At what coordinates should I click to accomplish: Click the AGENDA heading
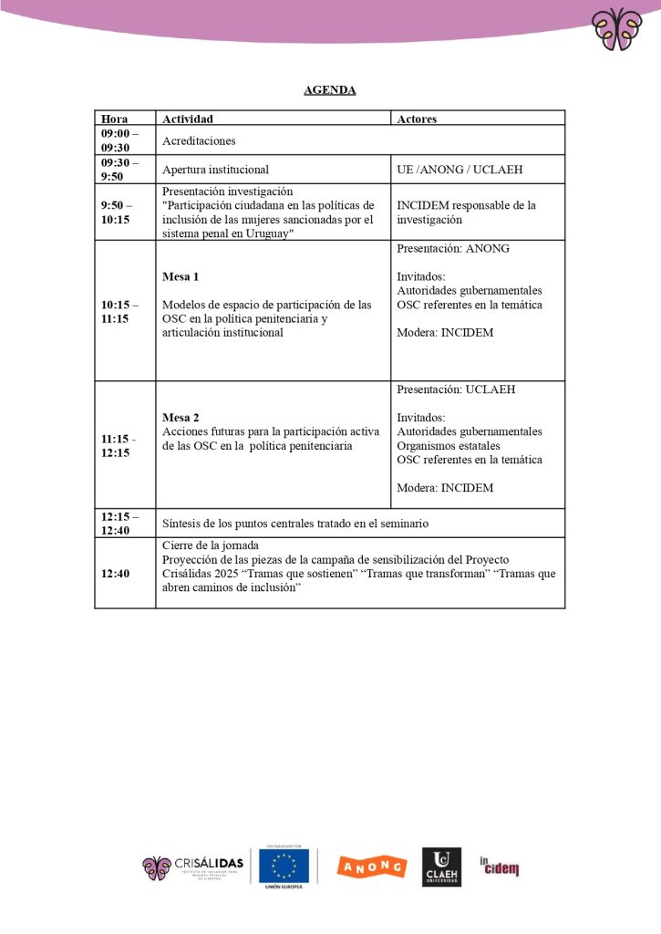coord(330,90)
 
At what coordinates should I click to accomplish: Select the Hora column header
coord(115,119)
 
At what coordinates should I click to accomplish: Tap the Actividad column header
coord(188,119)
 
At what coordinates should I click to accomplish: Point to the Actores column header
coord(417,119)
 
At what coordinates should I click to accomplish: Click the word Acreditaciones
coord(199,141)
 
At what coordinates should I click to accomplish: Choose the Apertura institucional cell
coord(215,170)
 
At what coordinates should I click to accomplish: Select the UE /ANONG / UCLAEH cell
coord(460,170)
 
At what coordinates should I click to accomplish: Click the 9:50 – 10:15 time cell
coord(117,213)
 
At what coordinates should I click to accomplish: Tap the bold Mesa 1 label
coord(181,276)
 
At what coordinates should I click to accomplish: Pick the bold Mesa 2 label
coord(181,418)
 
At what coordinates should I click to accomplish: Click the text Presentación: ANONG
coord(453,248)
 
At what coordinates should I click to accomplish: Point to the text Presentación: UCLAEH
coord(456,389)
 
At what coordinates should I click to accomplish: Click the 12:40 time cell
coord(113,574)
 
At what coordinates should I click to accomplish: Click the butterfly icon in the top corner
coord(616,29)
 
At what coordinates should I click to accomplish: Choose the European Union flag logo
coord(284,866)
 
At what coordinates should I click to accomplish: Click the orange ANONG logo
coord(371,867)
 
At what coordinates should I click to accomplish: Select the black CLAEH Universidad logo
coord(441,867)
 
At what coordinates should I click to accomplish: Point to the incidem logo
coord(500,866)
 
